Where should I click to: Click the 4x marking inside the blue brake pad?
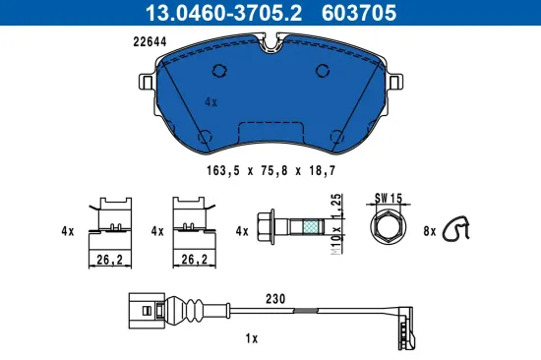point(210,100)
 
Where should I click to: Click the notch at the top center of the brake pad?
point(271,43)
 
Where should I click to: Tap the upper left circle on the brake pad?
point(218,70)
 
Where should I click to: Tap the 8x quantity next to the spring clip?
point(430,232)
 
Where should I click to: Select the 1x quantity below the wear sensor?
point(251,338)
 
